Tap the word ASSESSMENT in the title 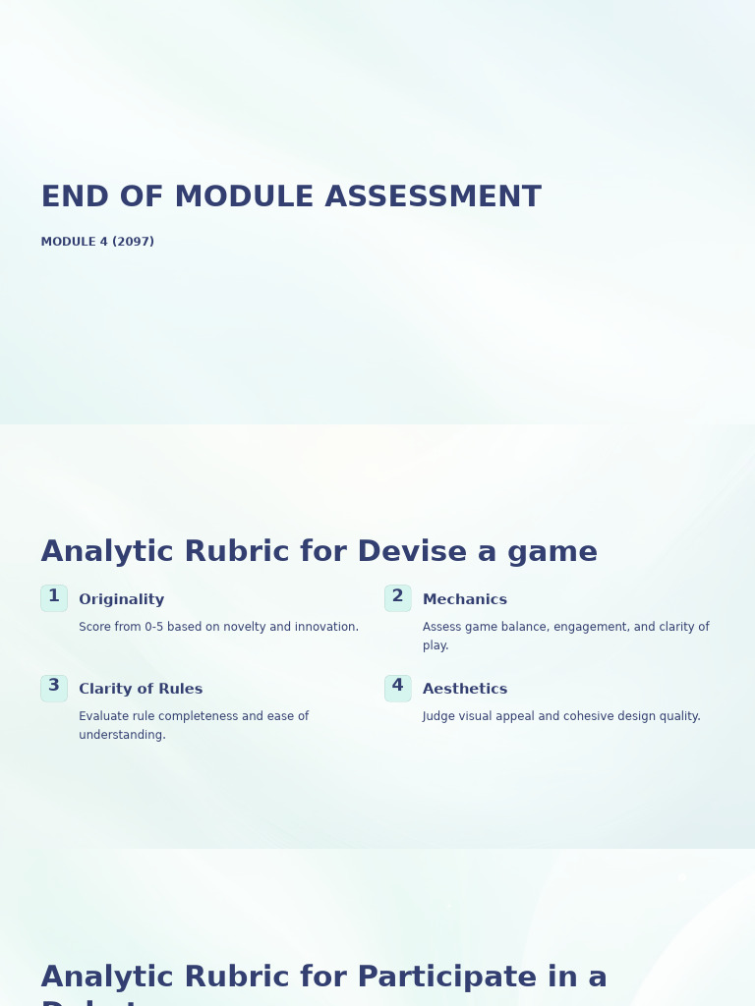(433, 197)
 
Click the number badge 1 (54, 597)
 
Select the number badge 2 (398, 597)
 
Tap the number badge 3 (54, 687)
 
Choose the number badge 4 (398, 687)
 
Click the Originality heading (122, 600)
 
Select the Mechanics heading (465, 600)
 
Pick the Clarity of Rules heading (141, 690)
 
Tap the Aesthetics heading (465, 690)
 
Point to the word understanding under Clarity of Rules (121, 736)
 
